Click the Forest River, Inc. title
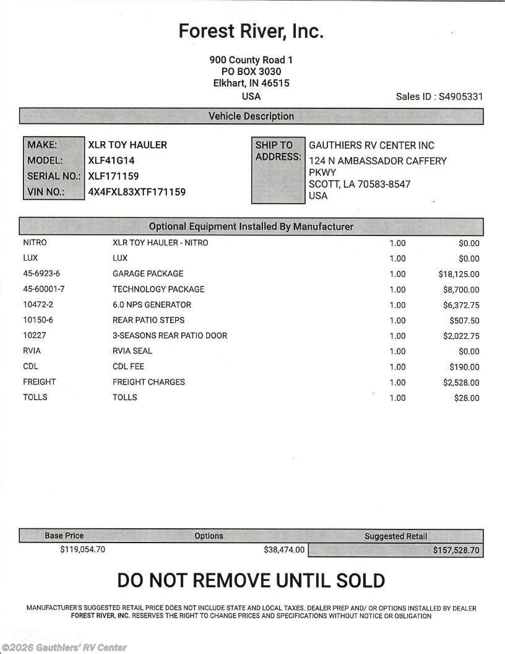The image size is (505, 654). (x=251, y=31)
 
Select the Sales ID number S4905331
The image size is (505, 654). (x=461, y=97)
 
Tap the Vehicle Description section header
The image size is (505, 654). (x=251, y=116)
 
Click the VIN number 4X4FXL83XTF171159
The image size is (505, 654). (x=137, y=192)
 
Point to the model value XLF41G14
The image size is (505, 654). (x=112, y=160)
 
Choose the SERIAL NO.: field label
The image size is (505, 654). (x=54, y=177)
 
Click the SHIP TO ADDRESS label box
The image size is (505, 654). (x=278, y=170)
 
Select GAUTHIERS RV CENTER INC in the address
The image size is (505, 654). (x=371, y=146)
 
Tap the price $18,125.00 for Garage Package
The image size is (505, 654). (x=459, y=274)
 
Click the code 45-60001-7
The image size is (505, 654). (x=44, y=289)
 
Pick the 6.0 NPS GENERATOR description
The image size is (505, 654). (x=152, y=305)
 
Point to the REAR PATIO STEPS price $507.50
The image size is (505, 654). (x=464, y=320)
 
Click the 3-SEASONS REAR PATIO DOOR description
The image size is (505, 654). (x=170, y=336)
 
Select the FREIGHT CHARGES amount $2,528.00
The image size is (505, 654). (x=461, y=383)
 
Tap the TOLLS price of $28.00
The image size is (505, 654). (x=467, y=398)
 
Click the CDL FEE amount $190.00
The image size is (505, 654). (x=464, y=367)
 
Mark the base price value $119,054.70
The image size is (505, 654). (x=83, y=549)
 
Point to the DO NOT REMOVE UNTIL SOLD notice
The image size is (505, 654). (x=251, y=581)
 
